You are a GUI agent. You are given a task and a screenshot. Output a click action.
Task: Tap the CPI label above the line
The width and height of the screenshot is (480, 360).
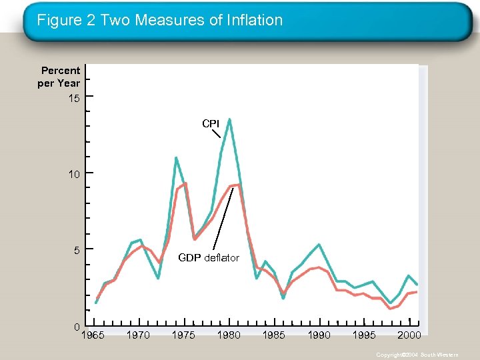point(211,123)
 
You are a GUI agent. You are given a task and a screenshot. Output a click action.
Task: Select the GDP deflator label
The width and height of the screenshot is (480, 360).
point(209,258)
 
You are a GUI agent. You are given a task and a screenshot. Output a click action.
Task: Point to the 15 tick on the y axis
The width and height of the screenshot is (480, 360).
point(73,98)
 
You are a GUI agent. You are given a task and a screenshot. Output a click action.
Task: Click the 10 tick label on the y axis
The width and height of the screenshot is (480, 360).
point(73,174)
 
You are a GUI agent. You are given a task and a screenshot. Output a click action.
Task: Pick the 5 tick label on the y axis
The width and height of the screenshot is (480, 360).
point(76,250)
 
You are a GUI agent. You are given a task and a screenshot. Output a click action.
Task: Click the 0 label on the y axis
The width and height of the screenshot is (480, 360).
point(77,326)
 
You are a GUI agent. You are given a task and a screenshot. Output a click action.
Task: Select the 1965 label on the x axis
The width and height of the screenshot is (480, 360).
point(92,335)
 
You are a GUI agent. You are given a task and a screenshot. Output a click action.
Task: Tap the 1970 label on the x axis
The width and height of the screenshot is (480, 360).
point(138,335)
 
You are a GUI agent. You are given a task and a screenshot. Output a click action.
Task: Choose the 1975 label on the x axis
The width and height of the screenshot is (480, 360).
point(183,335)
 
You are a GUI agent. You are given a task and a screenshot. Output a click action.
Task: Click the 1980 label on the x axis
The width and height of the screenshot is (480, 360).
point(229,335)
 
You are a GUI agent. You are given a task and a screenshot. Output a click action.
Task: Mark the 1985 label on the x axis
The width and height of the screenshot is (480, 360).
point(273,335)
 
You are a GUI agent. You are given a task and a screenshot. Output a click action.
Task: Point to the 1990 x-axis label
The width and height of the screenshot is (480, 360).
point(319,335)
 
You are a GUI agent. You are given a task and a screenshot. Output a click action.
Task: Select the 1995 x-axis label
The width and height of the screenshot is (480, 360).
point(364,335)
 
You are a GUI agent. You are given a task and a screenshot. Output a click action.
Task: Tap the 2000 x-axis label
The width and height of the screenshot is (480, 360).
point(409,335)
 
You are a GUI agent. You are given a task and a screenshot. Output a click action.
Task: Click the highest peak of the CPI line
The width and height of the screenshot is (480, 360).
point(229,119)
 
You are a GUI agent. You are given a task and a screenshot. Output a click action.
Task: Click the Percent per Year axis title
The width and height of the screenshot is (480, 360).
point(60,77)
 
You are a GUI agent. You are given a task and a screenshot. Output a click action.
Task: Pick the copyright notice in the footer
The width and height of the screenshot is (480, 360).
point(417,355)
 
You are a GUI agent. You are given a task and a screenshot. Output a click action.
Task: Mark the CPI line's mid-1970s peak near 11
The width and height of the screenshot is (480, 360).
point(175,158)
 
